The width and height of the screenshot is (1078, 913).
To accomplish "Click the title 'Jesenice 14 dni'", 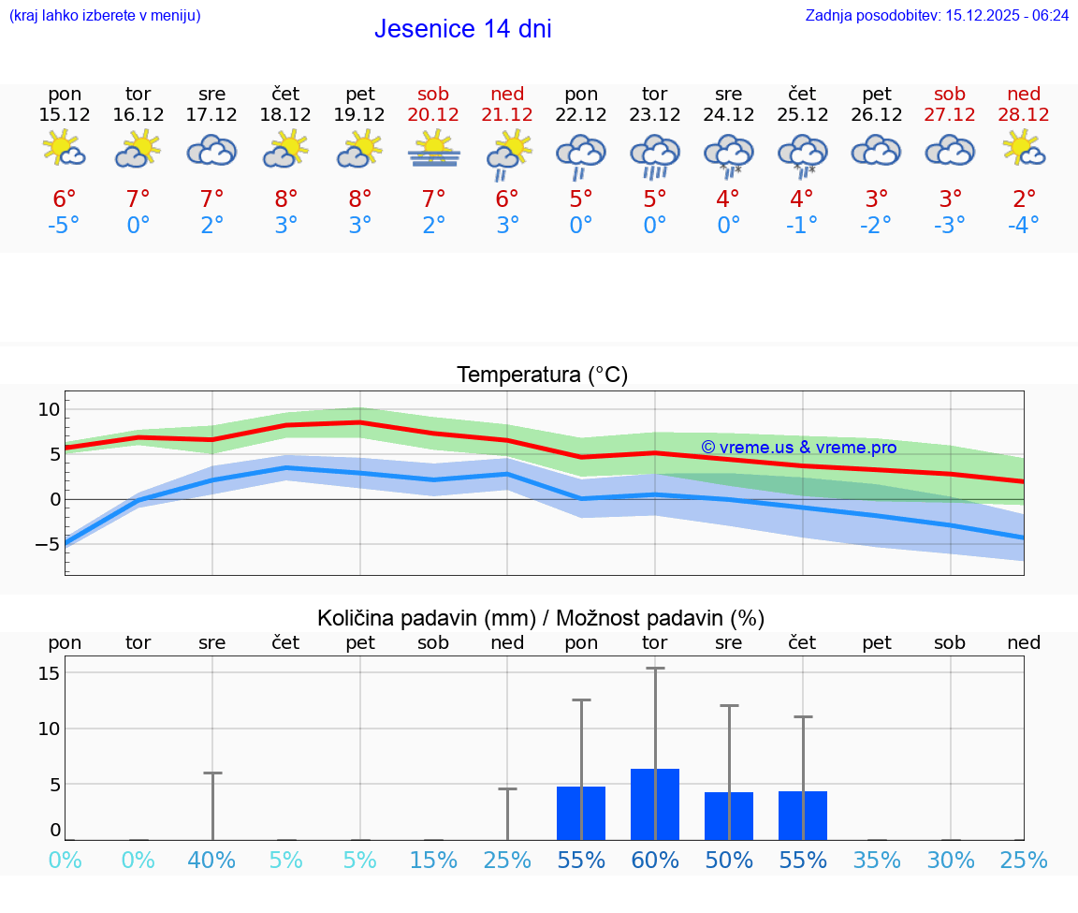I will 462,29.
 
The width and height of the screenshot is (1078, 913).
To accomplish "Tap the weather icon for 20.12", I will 434,150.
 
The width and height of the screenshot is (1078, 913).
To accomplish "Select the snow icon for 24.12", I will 729,155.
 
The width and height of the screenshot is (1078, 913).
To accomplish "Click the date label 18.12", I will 285,114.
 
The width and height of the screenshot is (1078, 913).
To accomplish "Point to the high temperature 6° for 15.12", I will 65,199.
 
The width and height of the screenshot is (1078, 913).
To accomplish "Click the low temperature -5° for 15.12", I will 65,225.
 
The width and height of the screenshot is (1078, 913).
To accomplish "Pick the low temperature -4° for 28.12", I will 1024,225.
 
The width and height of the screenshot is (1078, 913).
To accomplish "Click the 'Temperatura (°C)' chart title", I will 542,375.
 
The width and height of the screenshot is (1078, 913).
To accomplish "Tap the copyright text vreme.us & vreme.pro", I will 798,448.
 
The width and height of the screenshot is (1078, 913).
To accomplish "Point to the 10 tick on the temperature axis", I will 49,409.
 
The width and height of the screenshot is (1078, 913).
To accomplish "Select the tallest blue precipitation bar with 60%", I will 655,804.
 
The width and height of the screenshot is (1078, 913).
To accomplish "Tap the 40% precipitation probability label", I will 212,860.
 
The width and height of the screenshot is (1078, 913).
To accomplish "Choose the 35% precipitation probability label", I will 877,860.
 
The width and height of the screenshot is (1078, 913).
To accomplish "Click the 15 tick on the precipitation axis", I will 50,673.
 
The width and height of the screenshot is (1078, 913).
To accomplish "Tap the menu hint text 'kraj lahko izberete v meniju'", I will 105,15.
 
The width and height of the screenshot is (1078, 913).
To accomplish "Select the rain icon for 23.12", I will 655,155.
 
